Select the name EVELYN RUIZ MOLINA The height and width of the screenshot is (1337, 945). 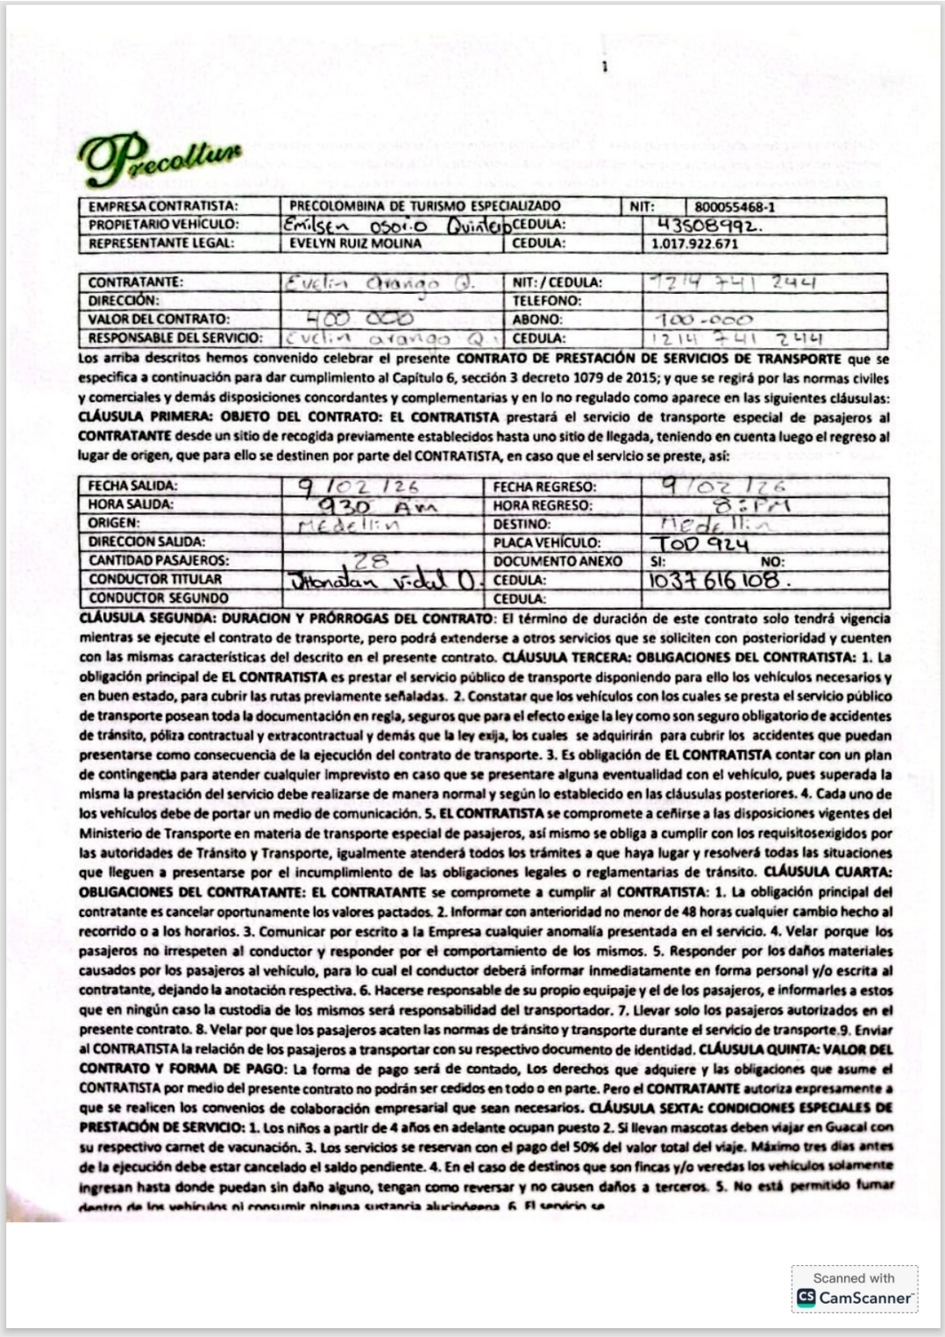tap(356, 244)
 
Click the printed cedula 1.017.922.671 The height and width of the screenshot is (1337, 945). tap(694, 244)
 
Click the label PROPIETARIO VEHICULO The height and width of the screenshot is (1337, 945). tap(163, 225)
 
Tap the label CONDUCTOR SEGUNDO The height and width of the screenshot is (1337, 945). tap(158, 598)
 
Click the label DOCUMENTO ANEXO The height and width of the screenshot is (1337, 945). tap(558, 561)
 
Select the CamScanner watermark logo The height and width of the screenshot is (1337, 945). tap(854, 1298)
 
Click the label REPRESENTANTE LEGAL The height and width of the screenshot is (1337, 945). tap(161, 244)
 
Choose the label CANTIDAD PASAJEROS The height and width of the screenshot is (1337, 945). tap(158, 561)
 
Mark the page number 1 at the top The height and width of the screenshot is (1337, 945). tap(604, 66)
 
